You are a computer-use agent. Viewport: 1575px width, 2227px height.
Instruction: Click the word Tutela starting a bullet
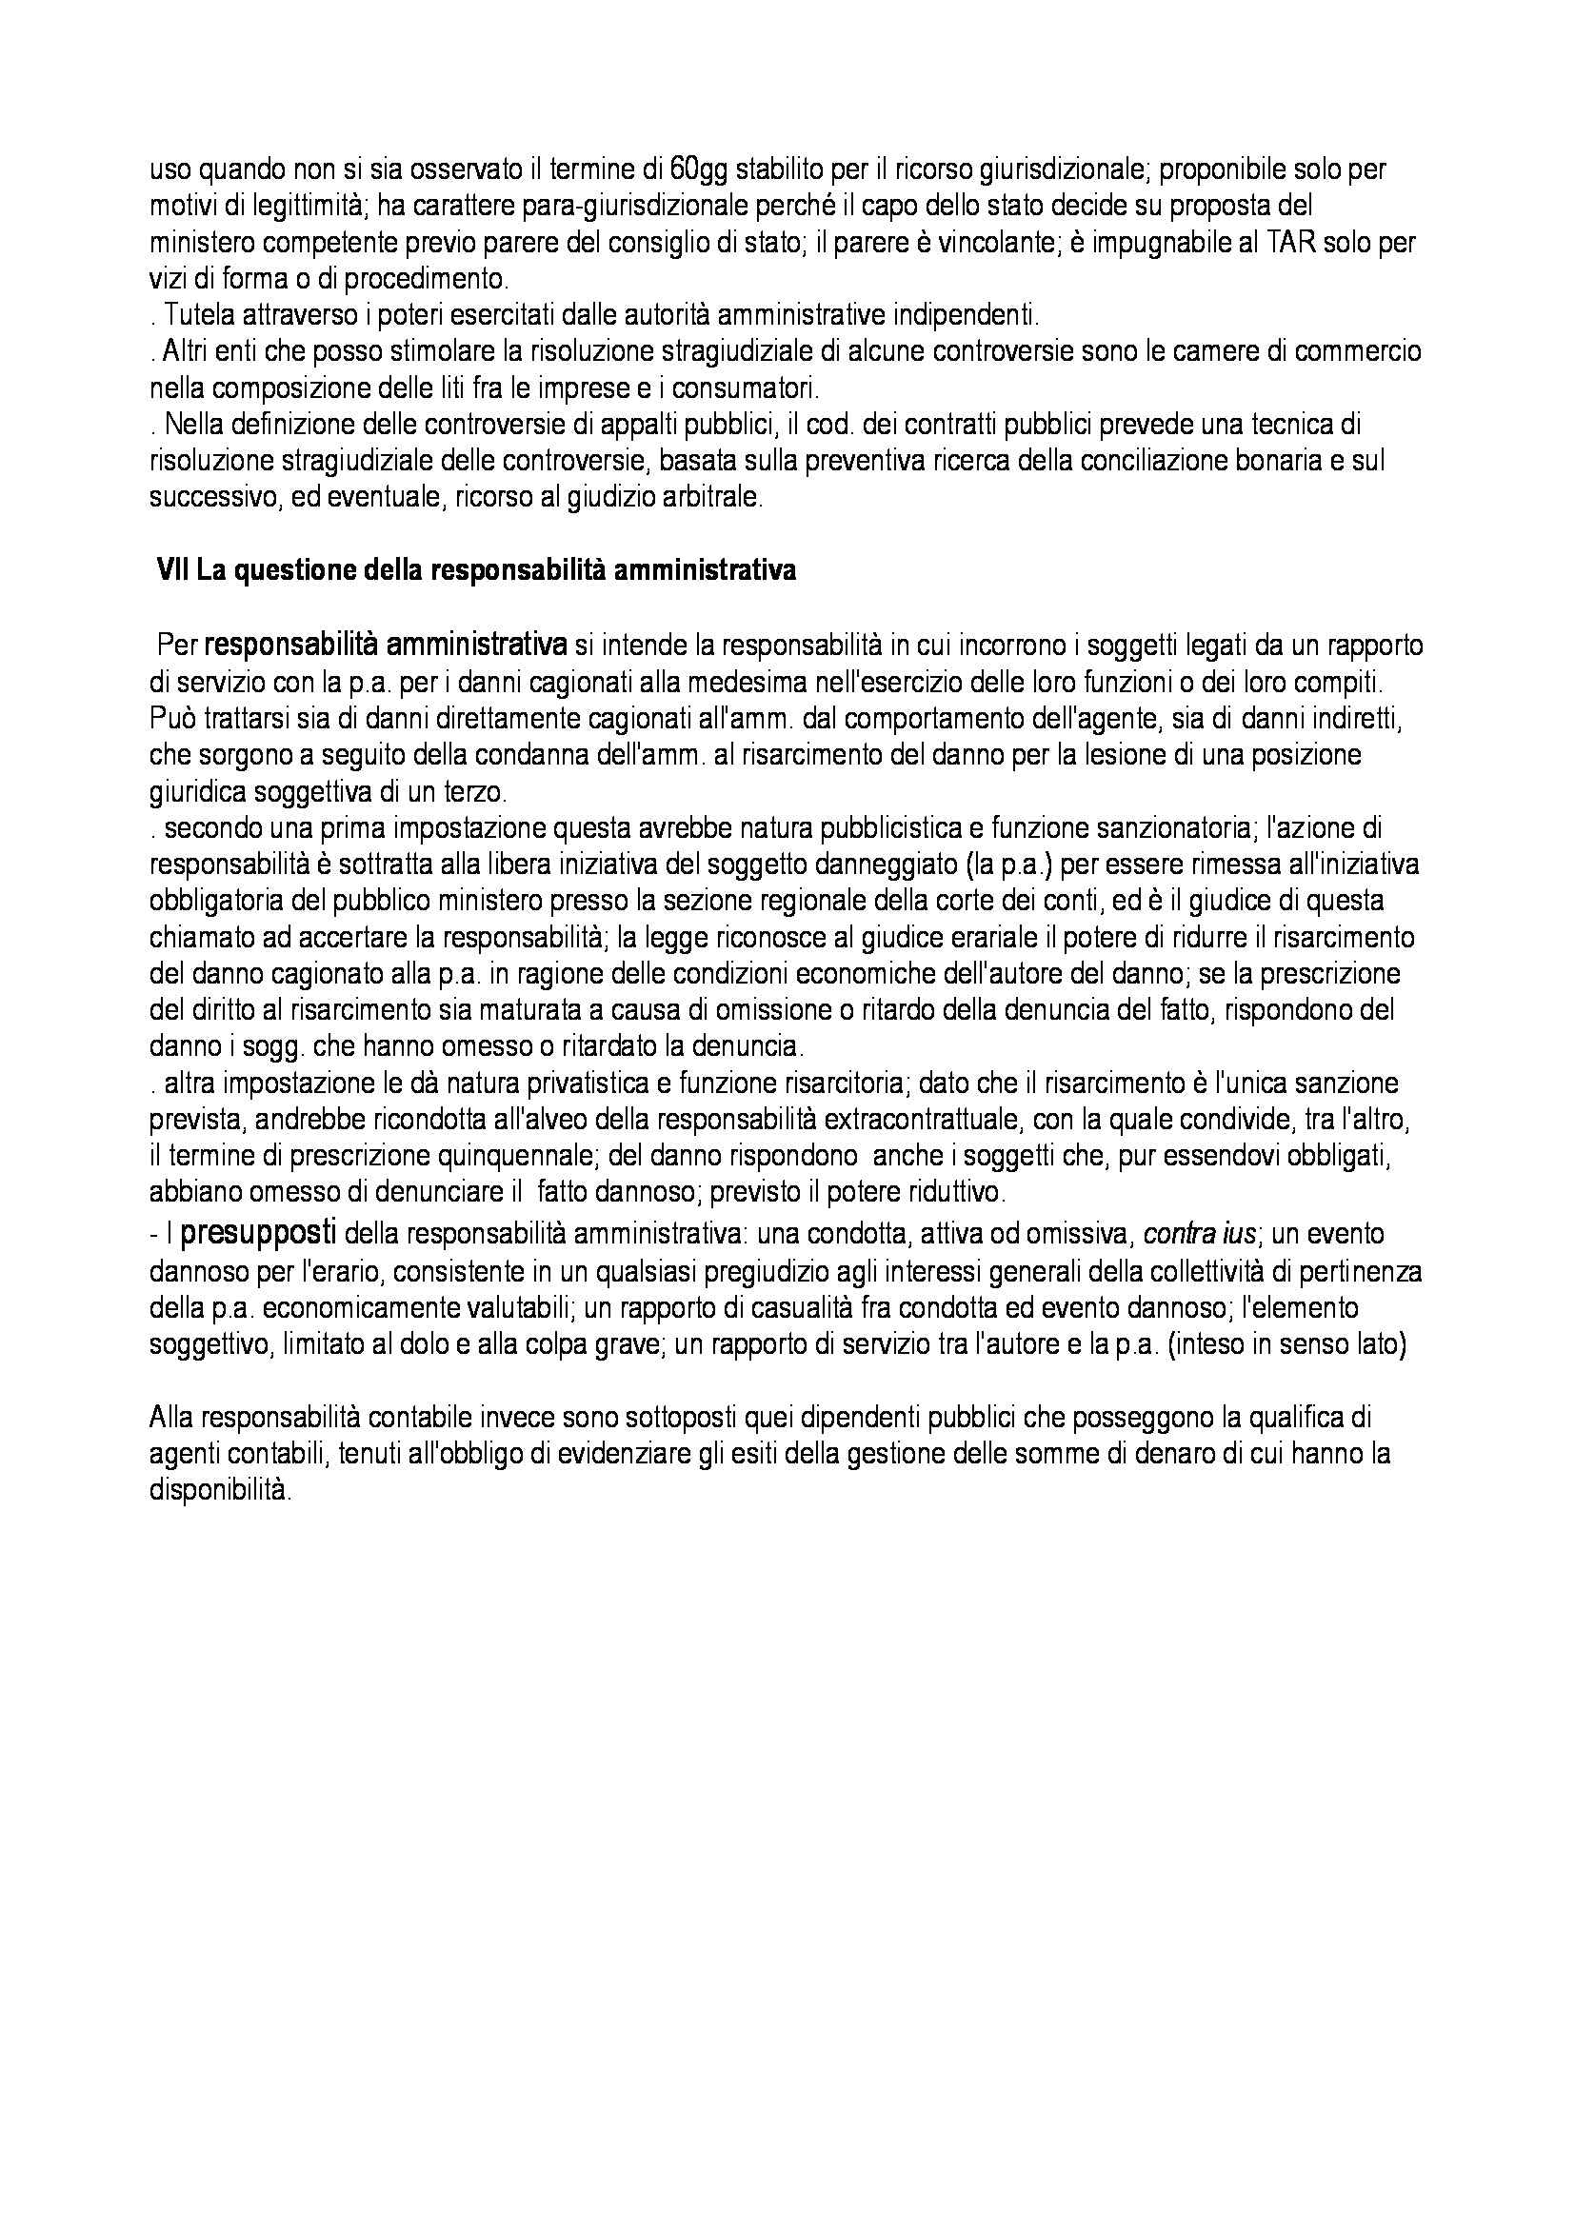[195, 315]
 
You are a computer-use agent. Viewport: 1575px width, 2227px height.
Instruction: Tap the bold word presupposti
[259, 1234]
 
